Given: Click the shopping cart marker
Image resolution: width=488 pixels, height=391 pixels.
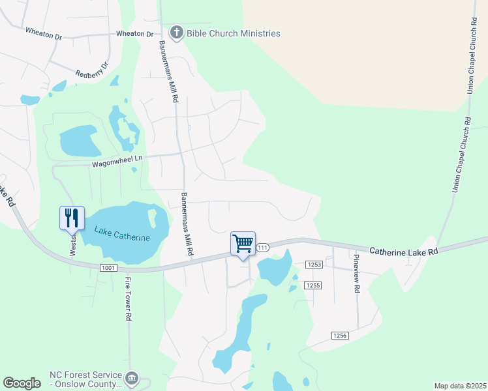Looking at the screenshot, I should coord(243,244).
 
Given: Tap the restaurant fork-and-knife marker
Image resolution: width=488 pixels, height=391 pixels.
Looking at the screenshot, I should coord(72,218).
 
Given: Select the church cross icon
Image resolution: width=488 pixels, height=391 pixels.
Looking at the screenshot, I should coord(176,33).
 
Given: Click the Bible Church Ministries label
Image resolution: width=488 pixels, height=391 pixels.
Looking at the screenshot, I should coord(233,33).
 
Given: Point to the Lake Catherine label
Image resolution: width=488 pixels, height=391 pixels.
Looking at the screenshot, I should coord(122,233).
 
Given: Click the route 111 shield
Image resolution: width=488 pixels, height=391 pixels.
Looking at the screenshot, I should coord(262,248).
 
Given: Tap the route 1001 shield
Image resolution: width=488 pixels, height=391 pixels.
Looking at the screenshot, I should coord(108,268).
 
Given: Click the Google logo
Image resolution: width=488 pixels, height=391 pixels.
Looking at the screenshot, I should coord(22,383).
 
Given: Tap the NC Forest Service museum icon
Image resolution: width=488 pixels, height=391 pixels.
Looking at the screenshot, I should coord(131,378).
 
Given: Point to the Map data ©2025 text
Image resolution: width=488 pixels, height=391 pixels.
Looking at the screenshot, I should coord(460,386).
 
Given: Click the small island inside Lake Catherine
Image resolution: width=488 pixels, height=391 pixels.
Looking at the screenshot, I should coord(153,217).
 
